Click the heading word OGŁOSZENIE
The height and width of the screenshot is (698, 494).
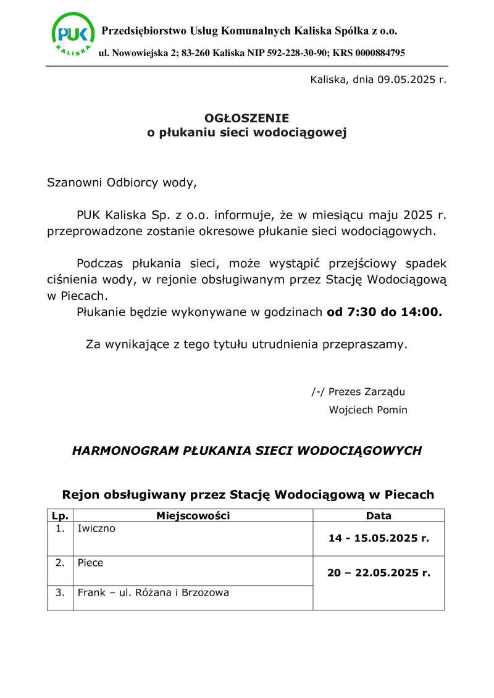point(246,118)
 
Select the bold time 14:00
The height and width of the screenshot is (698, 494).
point(421,312)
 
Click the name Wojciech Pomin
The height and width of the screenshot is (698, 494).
point(368,410)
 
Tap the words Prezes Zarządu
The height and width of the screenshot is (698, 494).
point(367,391)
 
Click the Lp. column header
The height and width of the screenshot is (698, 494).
point(60,516)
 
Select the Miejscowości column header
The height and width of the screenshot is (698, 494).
point(193,516)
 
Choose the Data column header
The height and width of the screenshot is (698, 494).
point(379,516)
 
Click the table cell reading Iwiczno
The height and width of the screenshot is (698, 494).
point(96,529)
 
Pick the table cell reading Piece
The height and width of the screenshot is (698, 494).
point(90,563)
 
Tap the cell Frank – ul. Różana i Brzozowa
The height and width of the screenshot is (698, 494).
point(153,593)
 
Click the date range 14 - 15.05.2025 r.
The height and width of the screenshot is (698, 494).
point(379,538)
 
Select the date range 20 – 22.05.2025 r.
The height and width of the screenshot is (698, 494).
point(379,573)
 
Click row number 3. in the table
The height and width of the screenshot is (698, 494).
point(60,593)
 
